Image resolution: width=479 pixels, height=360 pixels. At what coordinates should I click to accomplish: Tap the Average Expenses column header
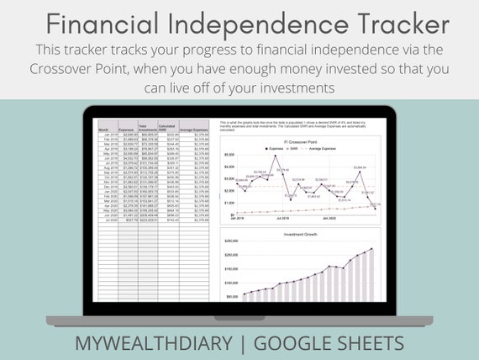[x=194, y=130]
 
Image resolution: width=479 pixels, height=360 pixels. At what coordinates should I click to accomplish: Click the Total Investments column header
[x=148, y=128]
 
